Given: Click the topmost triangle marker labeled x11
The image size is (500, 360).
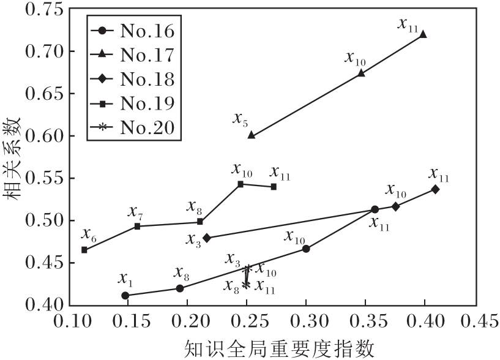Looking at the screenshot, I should [x=423, y=34].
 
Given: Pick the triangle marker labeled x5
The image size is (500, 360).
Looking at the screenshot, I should [x=251, y=135].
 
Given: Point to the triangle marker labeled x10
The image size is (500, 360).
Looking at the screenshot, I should [x=361, y=73].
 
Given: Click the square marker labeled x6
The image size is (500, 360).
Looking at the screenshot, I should [x=84, y=250].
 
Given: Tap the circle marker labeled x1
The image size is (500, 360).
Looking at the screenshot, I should [x=125, y=295].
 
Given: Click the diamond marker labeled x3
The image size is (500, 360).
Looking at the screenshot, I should [x=207, y=238].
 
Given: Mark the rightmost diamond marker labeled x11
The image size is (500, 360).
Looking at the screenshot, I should [x=435, y=189].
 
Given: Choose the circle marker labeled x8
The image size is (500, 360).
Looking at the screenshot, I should [x=179, y=288].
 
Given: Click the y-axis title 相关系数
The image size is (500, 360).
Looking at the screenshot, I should [x=13, y=157].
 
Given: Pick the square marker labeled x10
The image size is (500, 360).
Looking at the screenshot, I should [x=241, y=184].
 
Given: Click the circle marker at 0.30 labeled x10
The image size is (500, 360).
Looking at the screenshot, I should [x=306, y=249].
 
